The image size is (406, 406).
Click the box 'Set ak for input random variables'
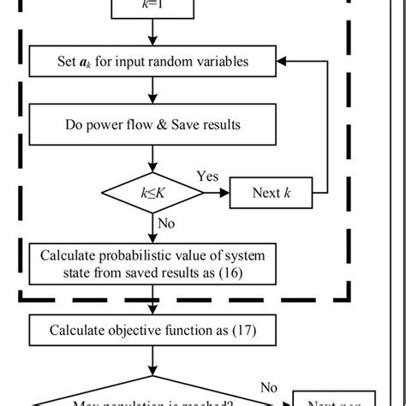(x=153, y=61)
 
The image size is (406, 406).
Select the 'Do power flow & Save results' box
(x=153, y=125)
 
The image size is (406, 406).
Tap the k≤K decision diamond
(x=153, y=193)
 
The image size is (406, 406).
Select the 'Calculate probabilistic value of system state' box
(x=153, y=265)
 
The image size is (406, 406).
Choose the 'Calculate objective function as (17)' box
(x=153, y=328)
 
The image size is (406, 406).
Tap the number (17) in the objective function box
(x=238, y=329)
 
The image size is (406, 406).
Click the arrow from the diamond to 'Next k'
(x=217, y=193)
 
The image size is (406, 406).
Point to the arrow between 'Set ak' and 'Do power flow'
(x=153, y=91)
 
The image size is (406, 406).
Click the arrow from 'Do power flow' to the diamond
(x=153, y=158)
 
